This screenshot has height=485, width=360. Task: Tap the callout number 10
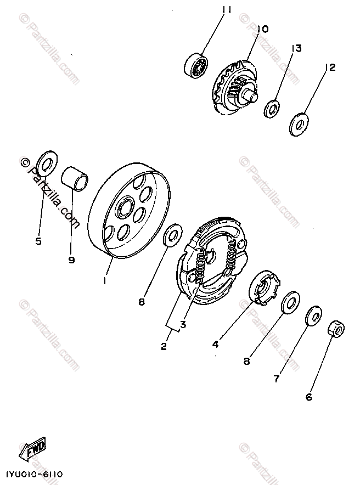point(262,29)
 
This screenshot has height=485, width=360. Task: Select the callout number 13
point(296,49)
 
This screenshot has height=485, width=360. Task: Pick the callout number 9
point(71,260)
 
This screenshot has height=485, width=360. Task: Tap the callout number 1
point(104,280)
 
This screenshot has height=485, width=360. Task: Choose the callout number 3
point(183,324)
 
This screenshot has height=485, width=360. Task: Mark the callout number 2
point(164,346)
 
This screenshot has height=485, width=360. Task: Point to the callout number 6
point(308,397)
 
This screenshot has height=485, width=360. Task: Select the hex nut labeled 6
point(336,330)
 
